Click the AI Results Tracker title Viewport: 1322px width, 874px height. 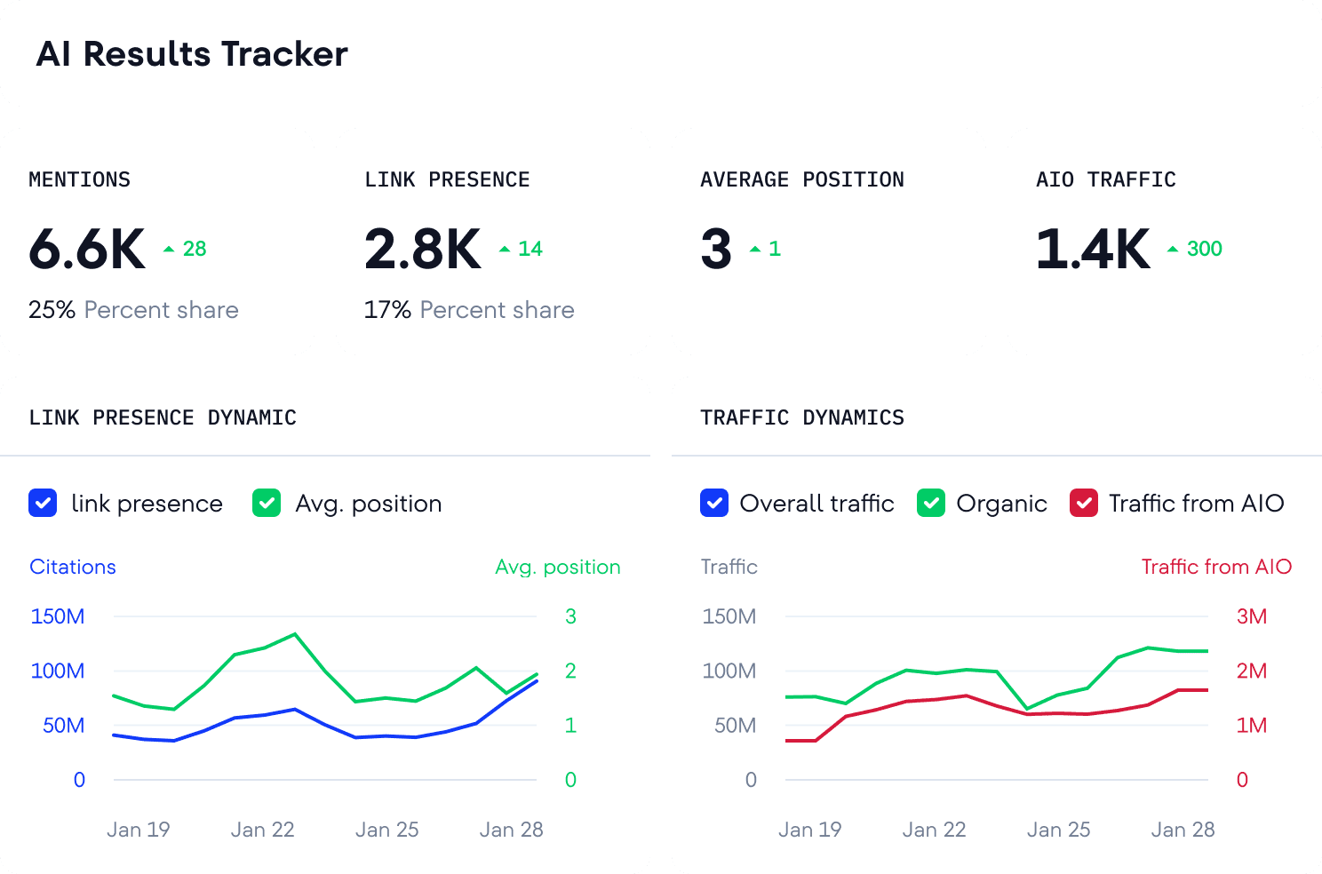(x=192, y=54)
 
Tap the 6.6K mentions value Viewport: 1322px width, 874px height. (x=87, y=249)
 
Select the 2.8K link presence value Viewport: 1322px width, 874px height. (x=423, y=249)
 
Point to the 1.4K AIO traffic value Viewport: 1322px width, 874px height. (x=1093, y=249)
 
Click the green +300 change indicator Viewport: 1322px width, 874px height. (x=1196, y=249)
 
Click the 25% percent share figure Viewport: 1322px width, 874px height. (x=52, y=310)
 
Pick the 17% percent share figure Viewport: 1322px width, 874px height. (x=387, y=310)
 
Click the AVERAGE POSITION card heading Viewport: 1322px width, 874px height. (x=801, y=180)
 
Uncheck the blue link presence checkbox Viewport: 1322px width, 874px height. (x=43, y=504)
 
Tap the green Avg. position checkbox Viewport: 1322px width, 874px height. (x=267, y=504)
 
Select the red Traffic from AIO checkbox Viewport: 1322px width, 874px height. (x=1083, y=504)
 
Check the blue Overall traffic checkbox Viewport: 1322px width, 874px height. (x=714, y=504)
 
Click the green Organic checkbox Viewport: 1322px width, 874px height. (x=931, y=504)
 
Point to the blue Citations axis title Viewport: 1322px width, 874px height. (x=73, y=567)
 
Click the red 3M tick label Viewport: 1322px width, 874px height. (x=1251, y=616)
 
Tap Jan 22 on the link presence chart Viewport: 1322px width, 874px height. (x=262, y=830)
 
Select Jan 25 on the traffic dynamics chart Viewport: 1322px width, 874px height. (x=1058, y=830)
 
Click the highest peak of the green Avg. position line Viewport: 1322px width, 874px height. (x=295, y=634)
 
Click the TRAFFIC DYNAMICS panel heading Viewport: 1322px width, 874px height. (x=801, y=417)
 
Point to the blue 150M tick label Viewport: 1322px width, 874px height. (x=58, y=616)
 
